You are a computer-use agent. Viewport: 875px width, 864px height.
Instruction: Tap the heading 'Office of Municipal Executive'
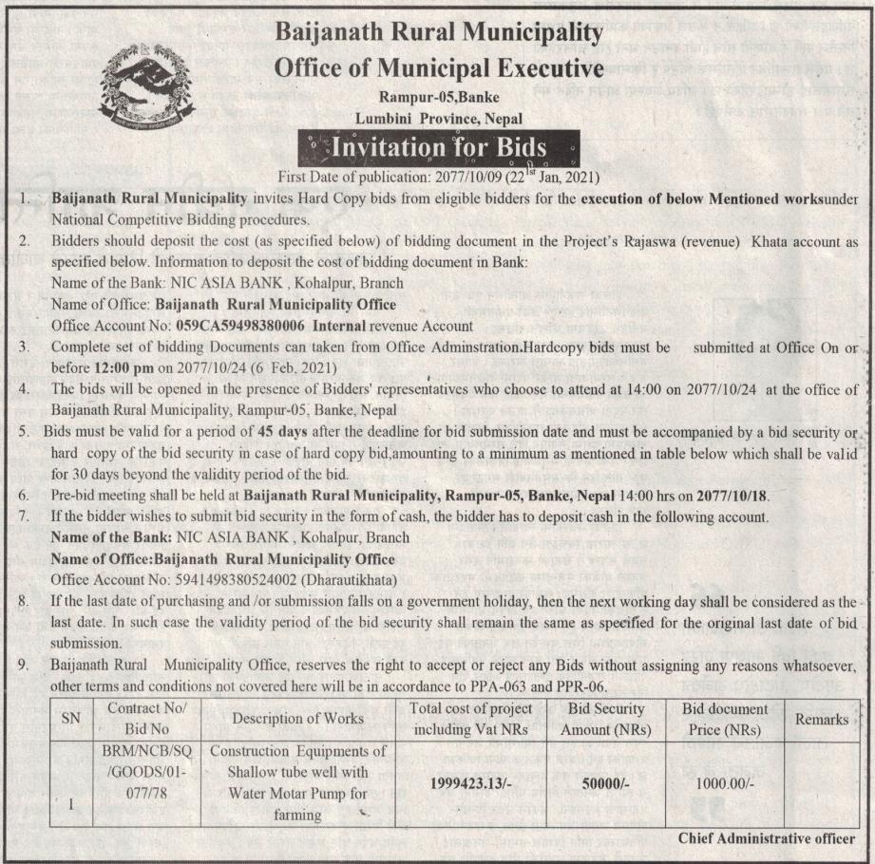pyautogui.click(x=439, y=68)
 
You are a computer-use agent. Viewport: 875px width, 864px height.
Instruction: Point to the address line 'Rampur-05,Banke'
pyautogui.click(x=439, y=97)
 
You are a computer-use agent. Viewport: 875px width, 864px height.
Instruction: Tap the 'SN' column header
pyautogui.click(x=70, y=719)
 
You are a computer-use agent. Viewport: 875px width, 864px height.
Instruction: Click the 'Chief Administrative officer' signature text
pyautogui.click(x=767, y=838)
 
